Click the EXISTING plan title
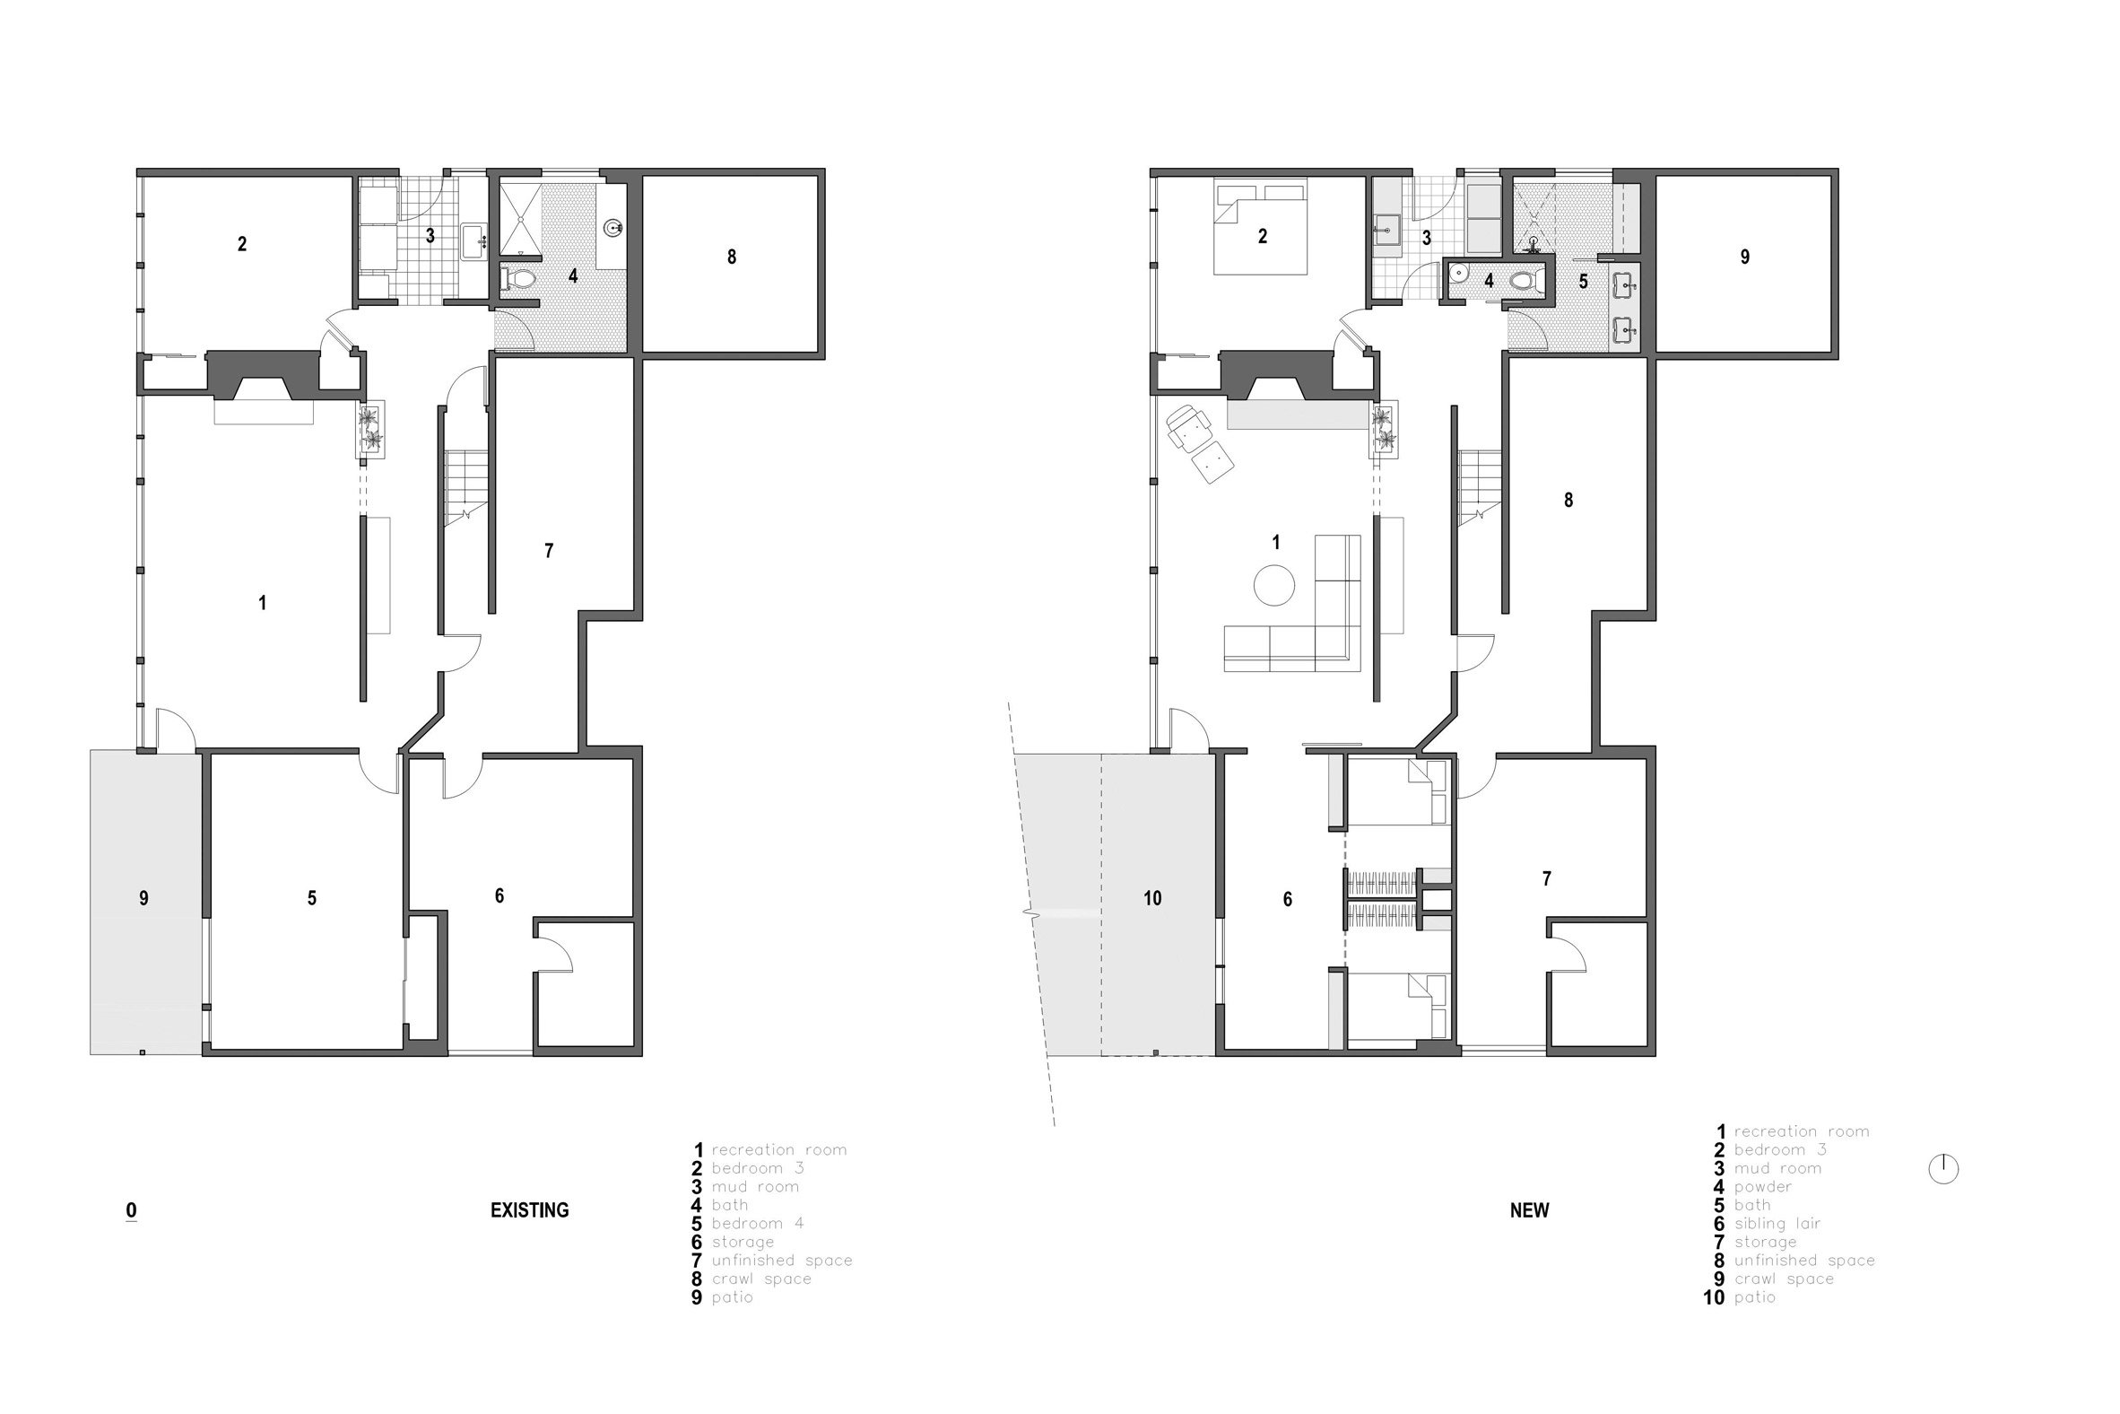[529, 1210]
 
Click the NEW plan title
[1529, 1210]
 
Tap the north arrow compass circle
[1943, 1169]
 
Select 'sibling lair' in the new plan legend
[1777, 1224]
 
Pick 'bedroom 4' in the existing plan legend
[757, 1224]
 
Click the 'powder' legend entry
[1763, 1187]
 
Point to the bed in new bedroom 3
[1259, 226]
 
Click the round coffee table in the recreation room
[1273, 584]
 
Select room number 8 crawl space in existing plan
[731, 257]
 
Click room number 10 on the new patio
[1152, 898]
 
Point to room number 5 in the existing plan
[312, 898]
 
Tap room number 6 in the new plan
[1287, 899]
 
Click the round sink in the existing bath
[614, 227]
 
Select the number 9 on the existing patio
[143, 898]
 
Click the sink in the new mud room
[1386, 230]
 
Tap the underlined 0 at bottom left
[132, 1211]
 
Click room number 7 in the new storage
[1547, 878]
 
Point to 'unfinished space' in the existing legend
[781, 1261]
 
